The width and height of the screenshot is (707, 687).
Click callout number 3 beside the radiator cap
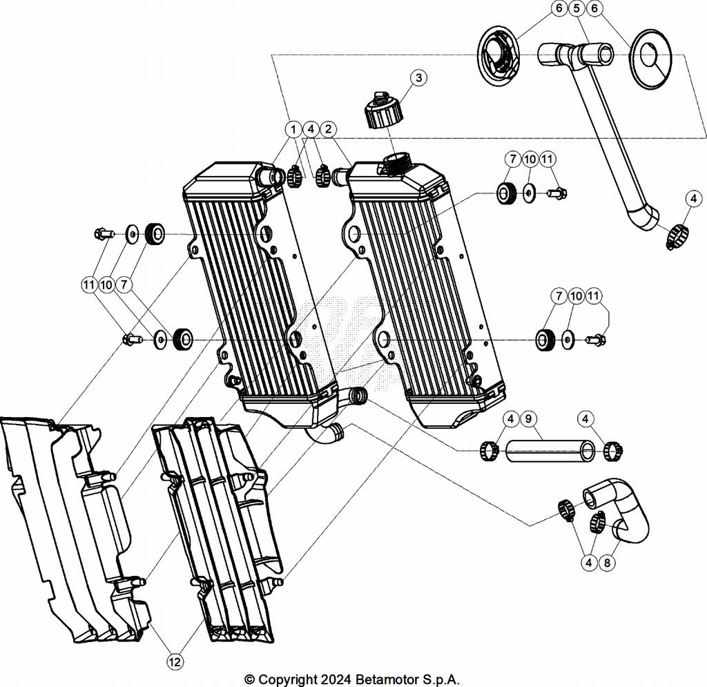coord(418,77)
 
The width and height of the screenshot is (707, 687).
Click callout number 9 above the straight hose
coord(527,418)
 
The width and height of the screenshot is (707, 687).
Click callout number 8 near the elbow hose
coord(608,563)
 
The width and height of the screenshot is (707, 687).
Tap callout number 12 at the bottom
coord(175,661)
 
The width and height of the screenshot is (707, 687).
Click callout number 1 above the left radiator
coord(293,129)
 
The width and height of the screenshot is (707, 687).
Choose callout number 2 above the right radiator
coord(329,129)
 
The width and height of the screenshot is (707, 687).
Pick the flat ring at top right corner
coord(653,59)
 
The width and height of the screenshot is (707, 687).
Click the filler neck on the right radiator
coord(396,164)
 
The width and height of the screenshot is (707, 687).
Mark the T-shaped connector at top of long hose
coord(577,52)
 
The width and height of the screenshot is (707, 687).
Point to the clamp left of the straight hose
coord(490,452)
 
